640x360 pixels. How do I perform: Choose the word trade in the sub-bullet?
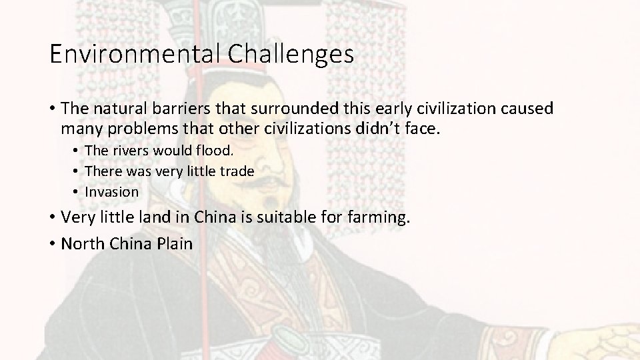[x=238, y=171]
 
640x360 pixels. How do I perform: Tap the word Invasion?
[x=112, y=192]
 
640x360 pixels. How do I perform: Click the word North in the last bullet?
[x=79, y=243]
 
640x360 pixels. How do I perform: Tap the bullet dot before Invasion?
[x=77, y=192]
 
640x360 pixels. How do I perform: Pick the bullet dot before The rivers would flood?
[x=77, y=151]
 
